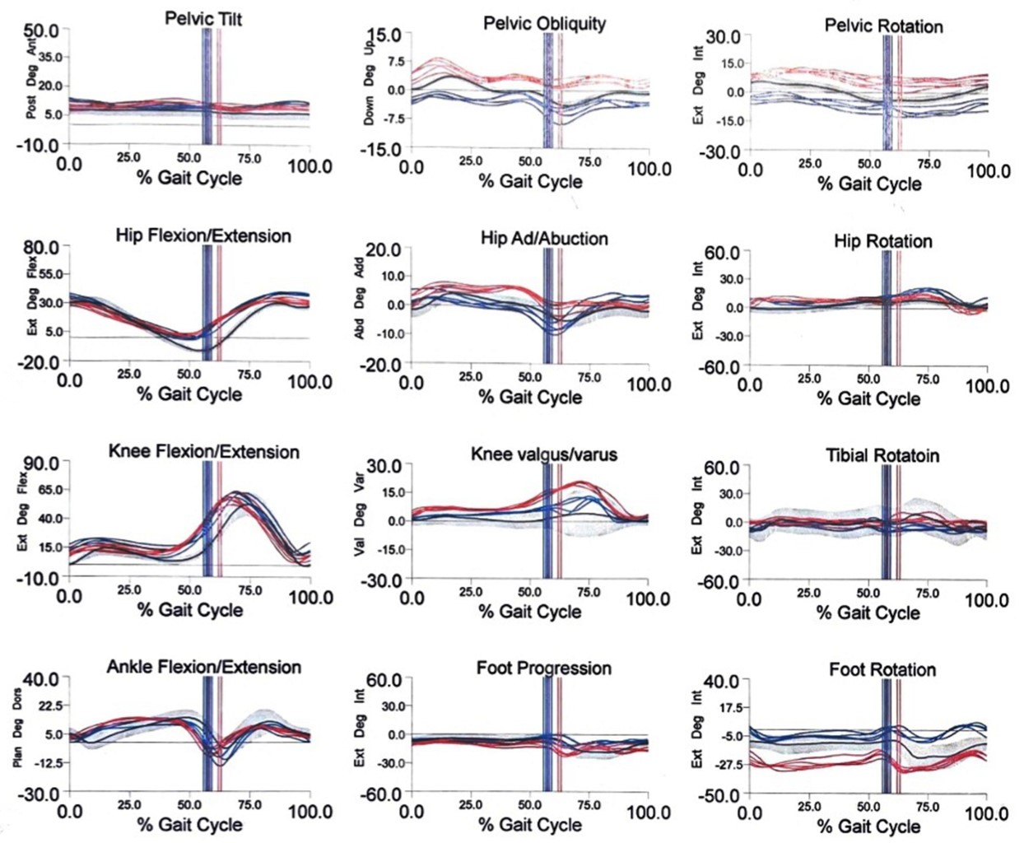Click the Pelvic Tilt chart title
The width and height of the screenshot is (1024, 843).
point(203,18)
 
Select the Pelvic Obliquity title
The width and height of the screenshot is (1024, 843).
point(544,23)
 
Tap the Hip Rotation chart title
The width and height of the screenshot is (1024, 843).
point(882,241)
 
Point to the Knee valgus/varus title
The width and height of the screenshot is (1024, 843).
point(544,454)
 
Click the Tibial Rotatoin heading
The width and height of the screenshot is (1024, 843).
point(882,455)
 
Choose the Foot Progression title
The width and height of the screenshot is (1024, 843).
point(544,668)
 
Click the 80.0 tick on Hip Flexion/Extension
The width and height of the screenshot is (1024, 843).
point(41,247)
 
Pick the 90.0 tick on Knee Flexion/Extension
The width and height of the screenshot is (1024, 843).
point(41,463)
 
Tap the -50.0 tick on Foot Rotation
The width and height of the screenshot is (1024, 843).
point(719,795)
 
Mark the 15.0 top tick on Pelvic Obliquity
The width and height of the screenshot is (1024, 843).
point(384,36)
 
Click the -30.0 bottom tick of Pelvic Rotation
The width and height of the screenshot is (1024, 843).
point(719,152)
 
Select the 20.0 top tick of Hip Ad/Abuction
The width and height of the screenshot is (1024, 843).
point(384,249)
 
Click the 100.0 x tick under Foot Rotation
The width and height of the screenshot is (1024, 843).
point(986,813)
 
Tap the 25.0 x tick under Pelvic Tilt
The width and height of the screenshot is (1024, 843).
point(128,156)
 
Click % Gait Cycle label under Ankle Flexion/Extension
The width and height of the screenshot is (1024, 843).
point(189,824)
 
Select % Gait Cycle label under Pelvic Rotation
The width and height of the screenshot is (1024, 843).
point(869,184)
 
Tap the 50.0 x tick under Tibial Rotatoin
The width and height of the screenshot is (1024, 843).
point(869,592)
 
